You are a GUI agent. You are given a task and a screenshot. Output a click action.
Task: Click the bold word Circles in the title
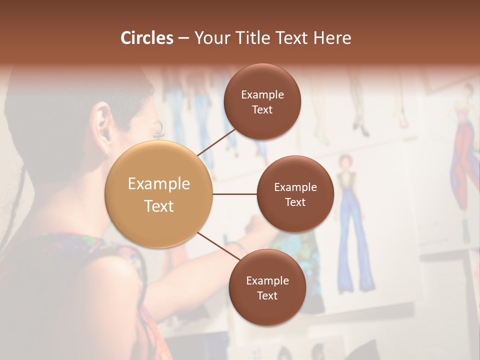147,38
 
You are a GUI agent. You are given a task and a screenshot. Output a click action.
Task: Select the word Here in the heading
332,38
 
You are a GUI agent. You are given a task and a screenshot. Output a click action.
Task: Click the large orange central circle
159,194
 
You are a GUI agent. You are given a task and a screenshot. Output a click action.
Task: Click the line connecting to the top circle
217,142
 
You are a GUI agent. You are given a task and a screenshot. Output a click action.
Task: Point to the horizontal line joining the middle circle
234,194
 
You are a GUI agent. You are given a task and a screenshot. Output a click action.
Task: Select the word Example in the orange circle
159,183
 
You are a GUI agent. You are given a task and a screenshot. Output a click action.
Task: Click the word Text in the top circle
262,109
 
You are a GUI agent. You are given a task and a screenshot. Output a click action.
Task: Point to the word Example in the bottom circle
267,280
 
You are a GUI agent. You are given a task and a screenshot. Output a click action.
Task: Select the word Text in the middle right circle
295,202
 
